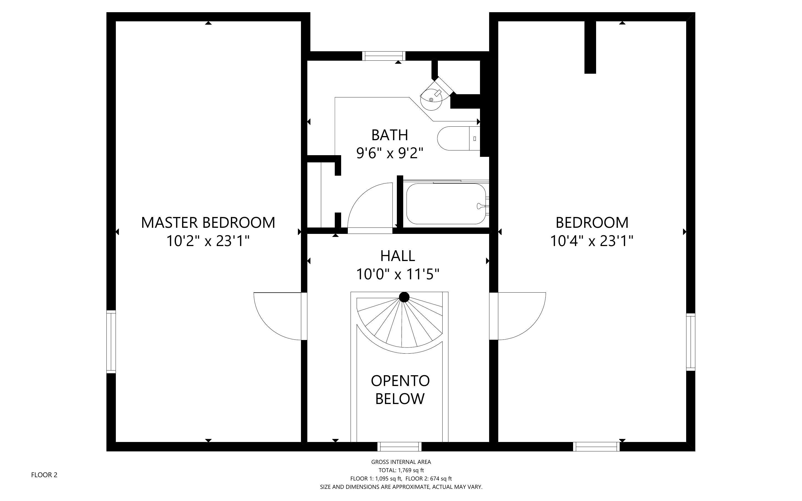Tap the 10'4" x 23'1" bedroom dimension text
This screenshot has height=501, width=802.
pyautogui.click(x=592, y=241)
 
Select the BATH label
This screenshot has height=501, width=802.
pyautogui.click(x=390, y=135)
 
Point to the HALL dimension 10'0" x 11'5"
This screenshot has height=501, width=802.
pyautogui.click(x=397, y=274)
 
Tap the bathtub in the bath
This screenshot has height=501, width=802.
pyautogui.click(x=446, y=203)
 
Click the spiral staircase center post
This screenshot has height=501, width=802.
pyautogui.click(x=404, y=297)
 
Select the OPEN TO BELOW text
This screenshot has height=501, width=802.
pyautogui.click(x=400, y=389)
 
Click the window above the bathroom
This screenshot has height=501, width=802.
pyautogui.click(x=384, y=56)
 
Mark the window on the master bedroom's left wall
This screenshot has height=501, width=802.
pyautogui.click(x=111, y=342)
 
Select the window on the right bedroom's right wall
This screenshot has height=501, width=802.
pyautogui.click(x=690, y=342)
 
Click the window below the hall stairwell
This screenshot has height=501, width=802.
pyautogui.click(x=400, y=447)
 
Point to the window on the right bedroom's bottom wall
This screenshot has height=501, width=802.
pyautogui.click(x=596, y=447)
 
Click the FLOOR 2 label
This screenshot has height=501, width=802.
pyautogui.click(x=44, y=475)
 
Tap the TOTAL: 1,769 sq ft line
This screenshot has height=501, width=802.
pyautogui.click(x=401, y=470)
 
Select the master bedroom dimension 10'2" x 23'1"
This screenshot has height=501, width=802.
pyautogui.click(x=208, y=241)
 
